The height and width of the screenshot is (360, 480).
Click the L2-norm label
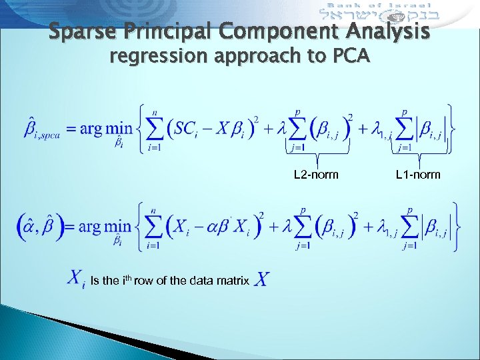pos(316,175)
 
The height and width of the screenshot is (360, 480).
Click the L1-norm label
pos(418,175)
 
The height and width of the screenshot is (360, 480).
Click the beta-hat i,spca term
pos(39,127)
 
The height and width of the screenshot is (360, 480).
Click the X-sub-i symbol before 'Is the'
pos(77,279)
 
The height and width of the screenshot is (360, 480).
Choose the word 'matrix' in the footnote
pos(234,281)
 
